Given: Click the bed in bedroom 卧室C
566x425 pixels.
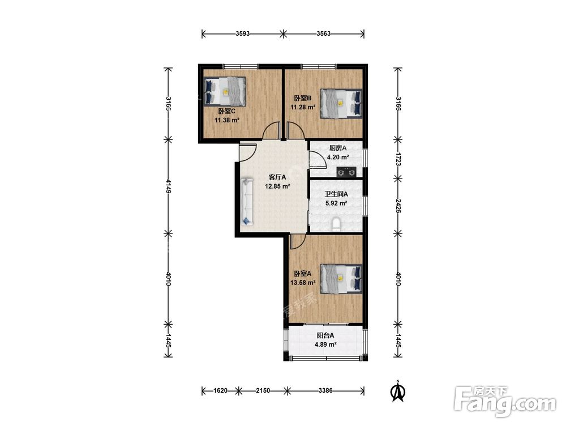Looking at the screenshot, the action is pos(225,91).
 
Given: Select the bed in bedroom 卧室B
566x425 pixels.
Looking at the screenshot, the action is pos(341,103).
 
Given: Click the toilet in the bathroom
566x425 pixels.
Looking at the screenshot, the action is pos(336,224).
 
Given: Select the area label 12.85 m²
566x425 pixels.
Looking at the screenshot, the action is pos(277,187).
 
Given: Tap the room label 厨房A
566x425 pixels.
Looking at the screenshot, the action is pos(338,148).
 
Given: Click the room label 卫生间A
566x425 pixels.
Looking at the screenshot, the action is pos(336,194).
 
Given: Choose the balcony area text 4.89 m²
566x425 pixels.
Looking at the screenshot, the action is pos(325,345).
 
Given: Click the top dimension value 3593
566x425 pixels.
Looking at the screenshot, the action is pos(243,34).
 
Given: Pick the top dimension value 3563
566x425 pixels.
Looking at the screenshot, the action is pos(323,34).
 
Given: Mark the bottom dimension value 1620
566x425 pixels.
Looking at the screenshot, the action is pos(220,390).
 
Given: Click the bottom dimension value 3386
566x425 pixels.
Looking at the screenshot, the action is pos(325,390).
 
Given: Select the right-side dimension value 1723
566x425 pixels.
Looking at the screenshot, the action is pos(398,159).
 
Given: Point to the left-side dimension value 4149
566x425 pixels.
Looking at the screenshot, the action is pos(168,186).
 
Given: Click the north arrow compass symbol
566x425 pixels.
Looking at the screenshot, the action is pos(398,392).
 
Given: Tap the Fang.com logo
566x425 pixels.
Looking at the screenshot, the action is pos(505,401).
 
